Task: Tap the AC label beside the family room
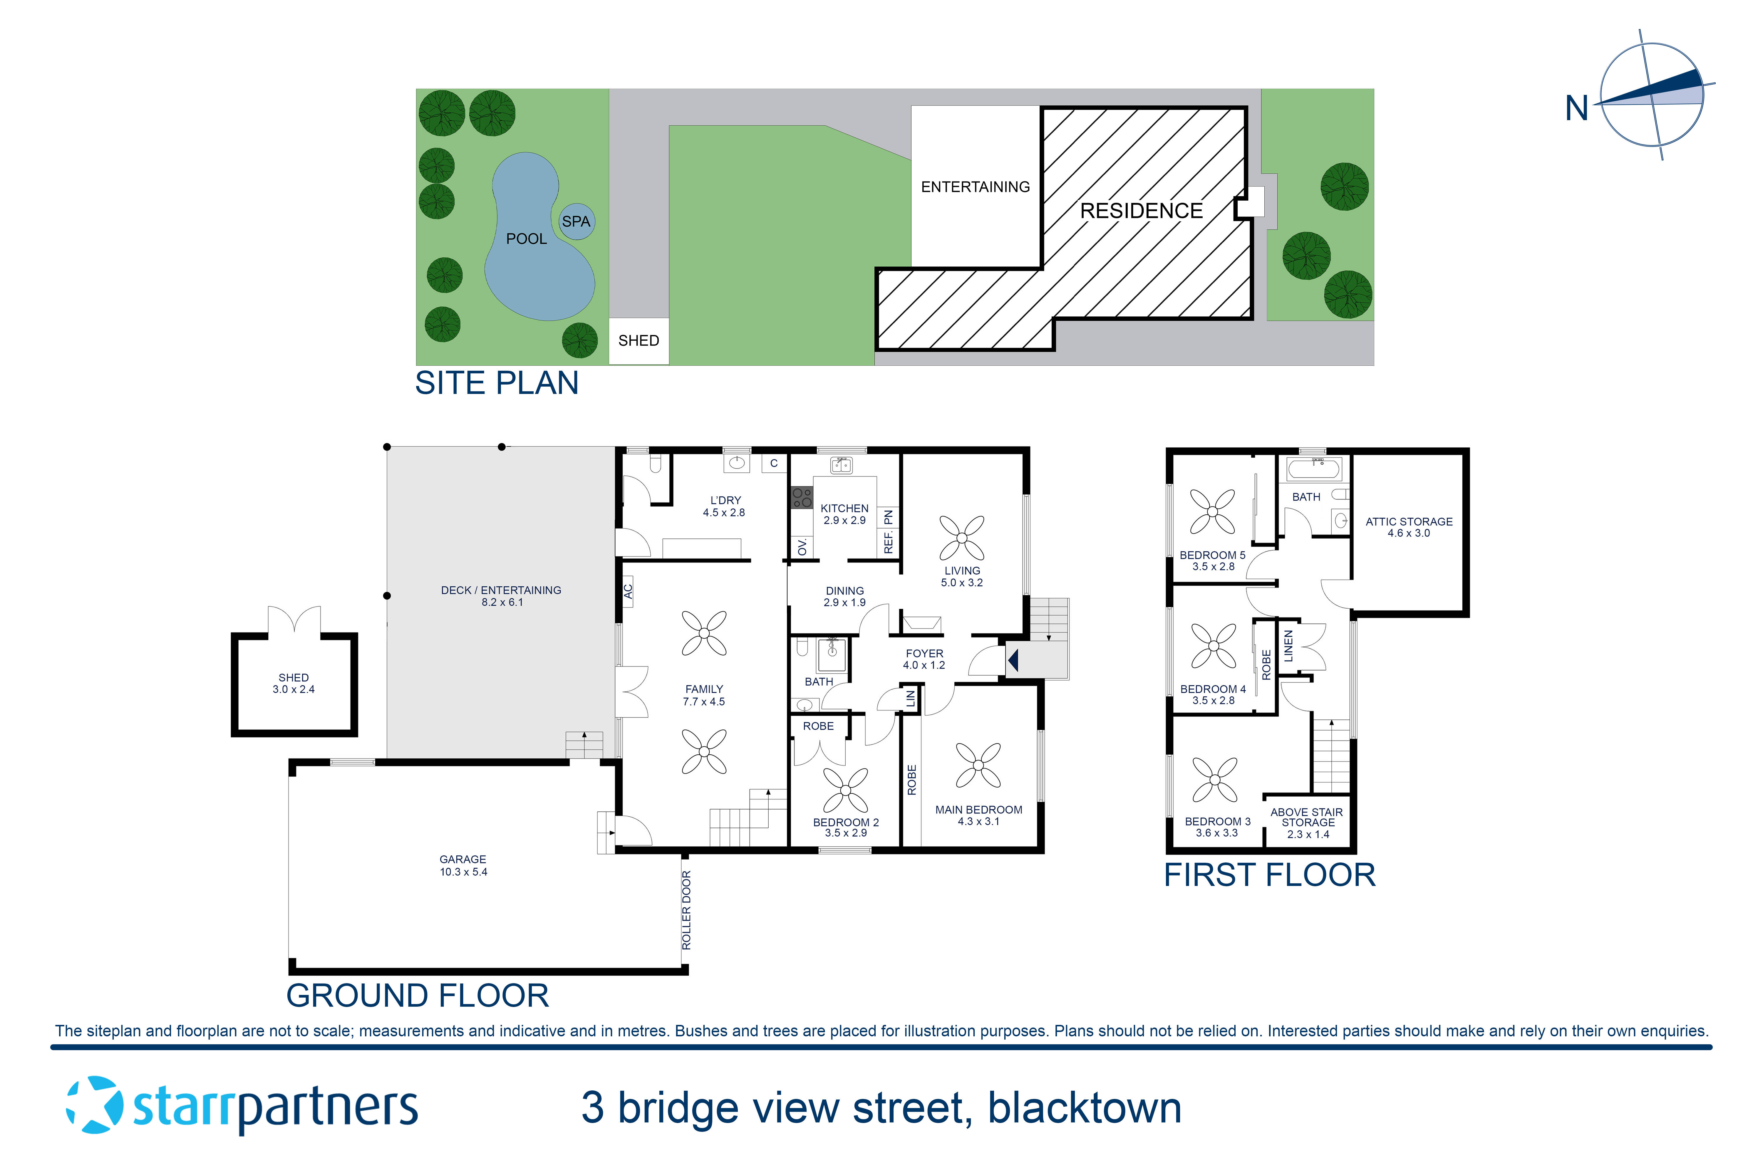[x=628, y=591]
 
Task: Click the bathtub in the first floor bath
[x=1313, y=470]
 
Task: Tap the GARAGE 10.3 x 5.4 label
[x=463, y=865]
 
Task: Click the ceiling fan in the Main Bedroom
[x=978, y=765]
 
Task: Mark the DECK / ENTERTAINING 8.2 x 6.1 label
[x=501, y=596]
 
